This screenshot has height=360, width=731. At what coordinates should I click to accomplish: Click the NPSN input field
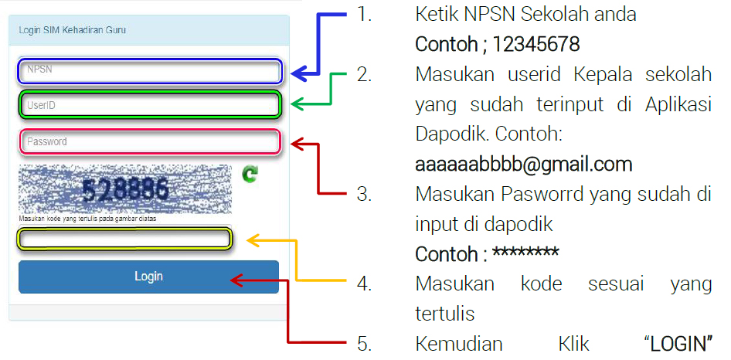coord(149,71)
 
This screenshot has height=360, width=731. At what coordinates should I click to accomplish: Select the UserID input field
coord(149,105)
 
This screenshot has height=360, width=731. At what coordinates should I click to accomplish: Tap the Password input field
coord(149,142)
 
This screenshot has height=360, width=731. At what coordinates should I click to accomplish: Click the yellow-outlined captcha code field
coord(125,239)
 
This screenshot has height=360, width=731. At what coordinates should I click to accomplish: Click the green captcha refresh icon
coord(250,175)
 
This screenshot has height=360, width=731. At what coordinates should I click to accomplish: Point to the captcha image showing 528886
coord(125,188)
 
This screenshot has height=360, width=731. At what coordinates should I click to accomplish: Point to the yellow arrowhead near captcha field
coord(253,240)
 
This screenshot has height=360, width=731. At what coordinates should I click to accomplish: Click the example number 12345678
coord(536,44)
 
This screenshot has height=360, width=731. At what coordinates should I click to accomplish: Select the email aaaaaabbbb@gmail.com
coord(524,164)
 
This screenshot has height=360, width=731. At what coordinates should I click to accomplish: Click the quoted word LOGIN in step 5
coord(677,342)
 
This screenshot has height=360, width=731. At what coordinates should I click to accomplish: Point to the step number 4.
coord(364,284)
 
